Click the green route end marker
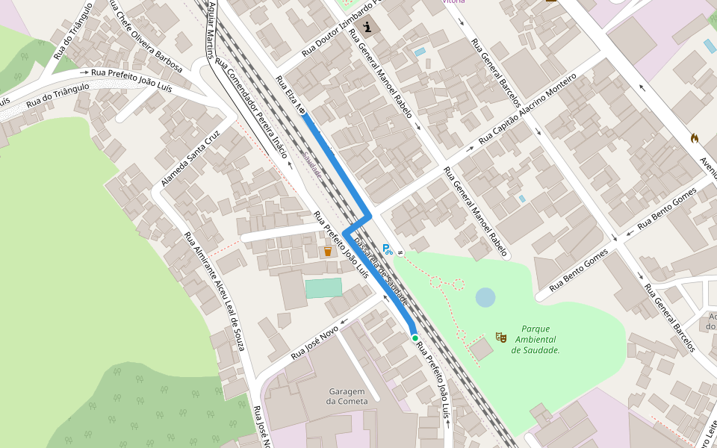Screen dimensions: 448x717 tap(415, 338)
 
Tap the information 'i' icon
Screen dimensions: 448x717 tap(368, 28)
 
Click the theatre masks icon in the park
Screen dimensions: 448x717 tap(501, 338)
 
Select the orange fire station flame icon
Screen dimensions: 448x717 tap(695, 138)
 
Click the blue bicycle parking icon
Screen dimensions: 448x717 tap(387, 249)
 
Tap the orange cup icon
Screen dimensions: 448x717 tap(327, 252)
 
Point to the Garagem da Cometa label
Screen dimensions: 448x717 tap(345, 396)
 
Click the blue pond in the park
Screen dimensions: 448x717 tap(485, 298)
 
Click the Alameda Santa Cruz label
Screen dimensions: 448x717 tap(190, 160)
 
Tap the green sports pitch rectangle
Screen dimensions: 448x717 tap(323, 287)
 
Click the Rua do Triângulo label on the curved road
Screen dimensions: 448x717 tap(58, 96)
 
